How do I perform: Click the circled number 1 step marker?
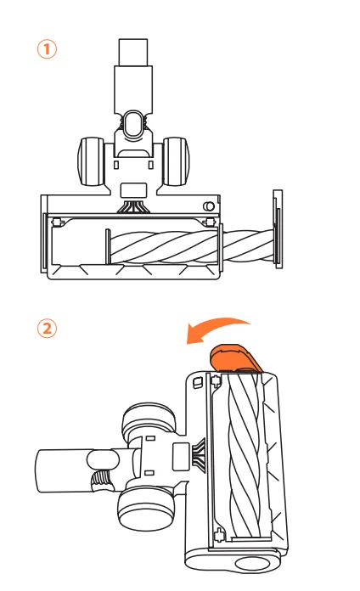(47, 49)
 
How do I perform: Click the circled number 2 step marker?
(47, 329)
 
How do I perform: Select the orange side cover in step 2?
(234, 357)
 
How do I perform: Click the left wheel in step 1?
(91, 161)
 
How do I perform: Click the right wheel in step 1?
(176, 161)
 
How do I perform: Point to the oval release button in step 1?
(133, 124)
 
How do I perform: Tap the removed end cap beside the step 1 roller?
(278, 229)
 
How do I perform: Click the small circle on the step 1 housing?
(209, 206)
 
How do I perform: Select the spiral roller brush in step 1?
(191, 247)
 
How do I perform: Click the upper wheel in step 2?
(149, 420)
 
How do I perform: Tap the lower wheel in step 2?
(146, 506)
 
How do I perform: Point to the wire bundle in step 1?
(133, 205)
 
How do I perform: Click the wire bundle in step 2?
(199, 456)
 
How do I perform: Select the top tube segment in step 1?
(133, 52)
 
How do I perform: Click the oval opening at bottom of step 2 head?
(252, 564)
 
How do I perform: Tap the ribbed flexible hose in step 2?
(102, 480)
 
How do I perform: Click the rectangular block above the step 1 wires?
(133, 190)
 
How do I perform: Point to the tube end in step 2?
(64, 470)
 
